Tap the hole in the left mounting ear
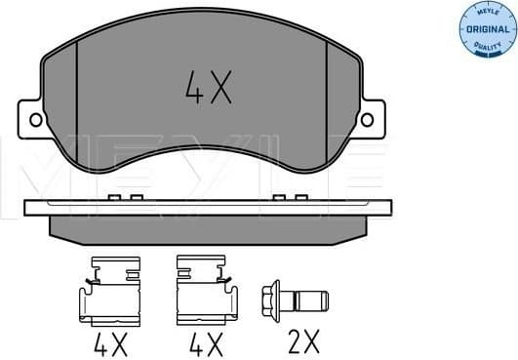(36, 120)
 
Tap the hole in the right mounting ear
(368, 119)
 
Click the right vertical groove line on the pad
(326, 93)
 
